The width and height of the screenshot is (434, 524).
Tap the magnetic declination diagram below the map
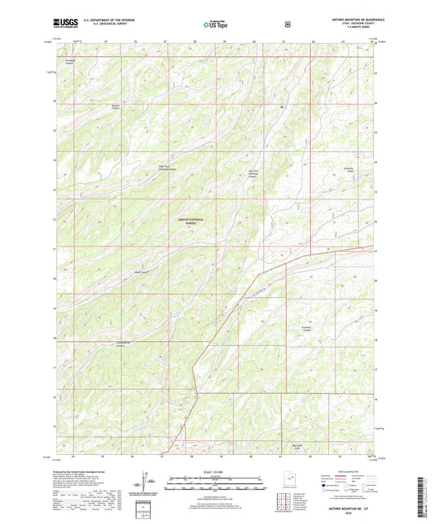tap(145, 481)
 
